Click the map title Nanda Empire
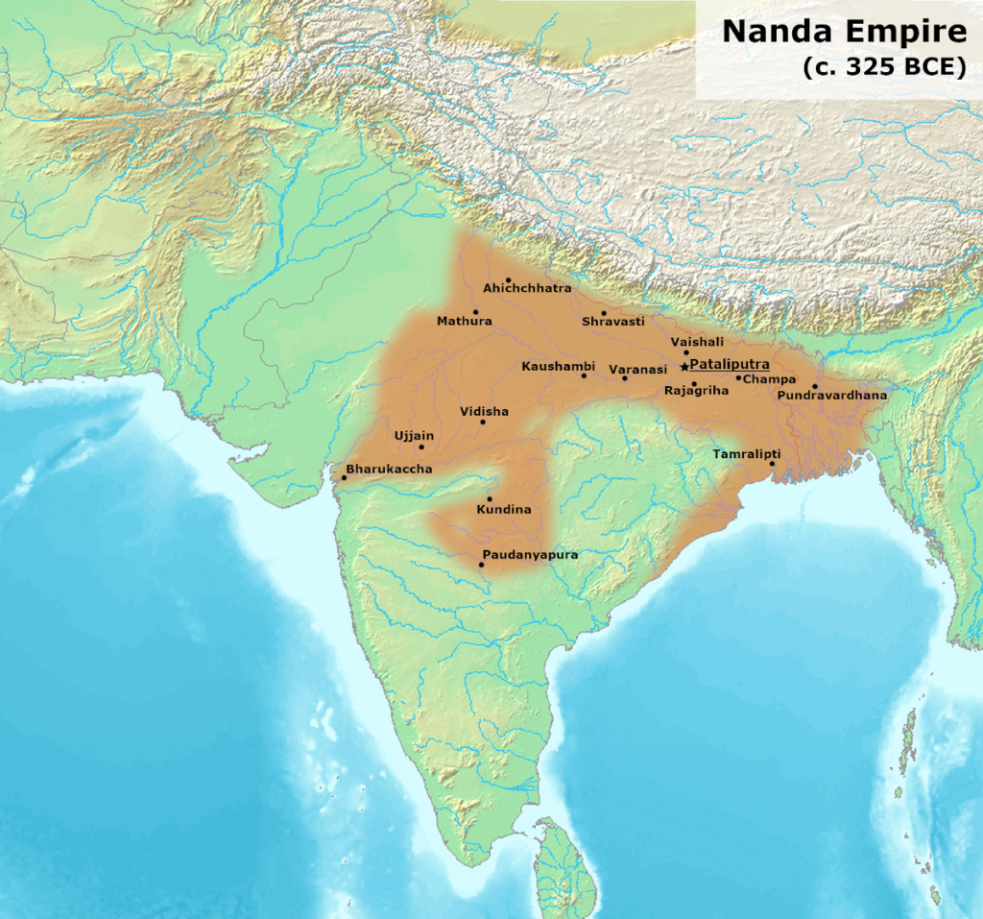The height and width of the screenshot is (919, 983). (844, 32)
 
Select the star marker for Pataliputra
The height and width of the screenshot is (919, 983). (683, 366)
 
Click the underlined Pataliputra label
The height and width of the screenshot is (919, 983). (730, 365)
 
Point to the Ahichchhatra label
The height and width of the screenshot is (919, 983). (527, 288)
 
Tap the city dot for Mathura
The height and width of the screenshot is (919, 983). (474, 311)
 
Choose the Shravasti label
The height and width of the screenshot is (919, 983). (612, 322)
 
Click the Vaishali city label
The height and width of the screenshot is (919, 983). (698, 342)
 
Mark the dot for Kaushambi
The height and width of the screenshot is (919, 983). (584, 375)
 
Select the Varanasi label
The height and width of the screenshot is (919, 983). (637, 369)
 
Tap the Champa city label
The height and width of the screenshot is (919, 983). (769, 379)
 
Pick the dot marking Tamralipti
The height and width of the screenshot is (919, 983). (772, 464)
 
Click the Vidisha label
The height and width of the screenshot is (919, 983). (484, 411)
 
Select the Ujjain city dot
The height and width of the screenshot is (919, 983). (420, 447)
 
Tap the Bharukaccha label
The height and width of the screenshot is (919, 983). (389, 469)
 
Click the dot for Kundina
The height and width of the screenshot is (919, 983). (490, 498)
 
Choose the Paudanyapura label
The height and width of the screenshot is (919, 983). (531, 554)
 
